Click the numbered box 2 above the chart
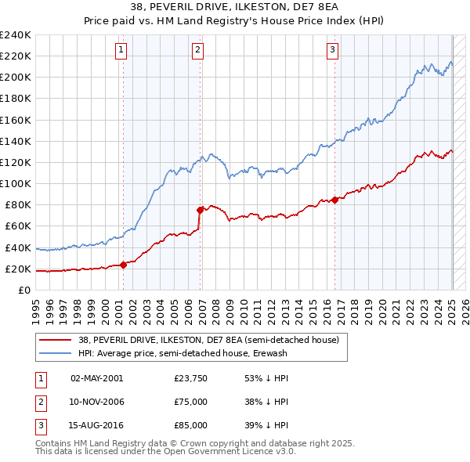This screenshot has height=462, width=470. [197, 50]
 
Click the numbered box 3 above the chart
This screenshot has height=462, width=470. [332, 50]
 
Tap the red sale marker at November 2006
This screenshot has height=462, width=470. [201, 209]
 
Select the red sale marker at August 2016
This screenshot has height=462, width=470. [335, 199]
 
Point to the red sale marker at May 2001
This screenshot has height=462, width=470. [123, 265]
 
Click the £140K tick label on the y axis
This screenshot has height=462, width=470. [16, 141]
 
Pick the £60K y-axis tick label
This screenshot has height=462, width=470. [18, 226]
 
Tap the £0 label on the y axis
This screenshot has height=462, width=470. [24, 291]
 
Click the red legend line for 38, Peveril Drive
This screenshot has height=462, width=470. [56, 341]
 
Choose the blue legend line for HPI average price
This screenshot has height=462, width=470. [56, 354]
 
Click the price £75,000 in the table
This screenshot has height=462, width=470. [191, 402]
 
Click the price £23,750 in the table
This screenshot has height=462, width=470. [191, 379]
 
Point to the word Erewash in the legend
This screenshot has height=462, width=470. [270, 354]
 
